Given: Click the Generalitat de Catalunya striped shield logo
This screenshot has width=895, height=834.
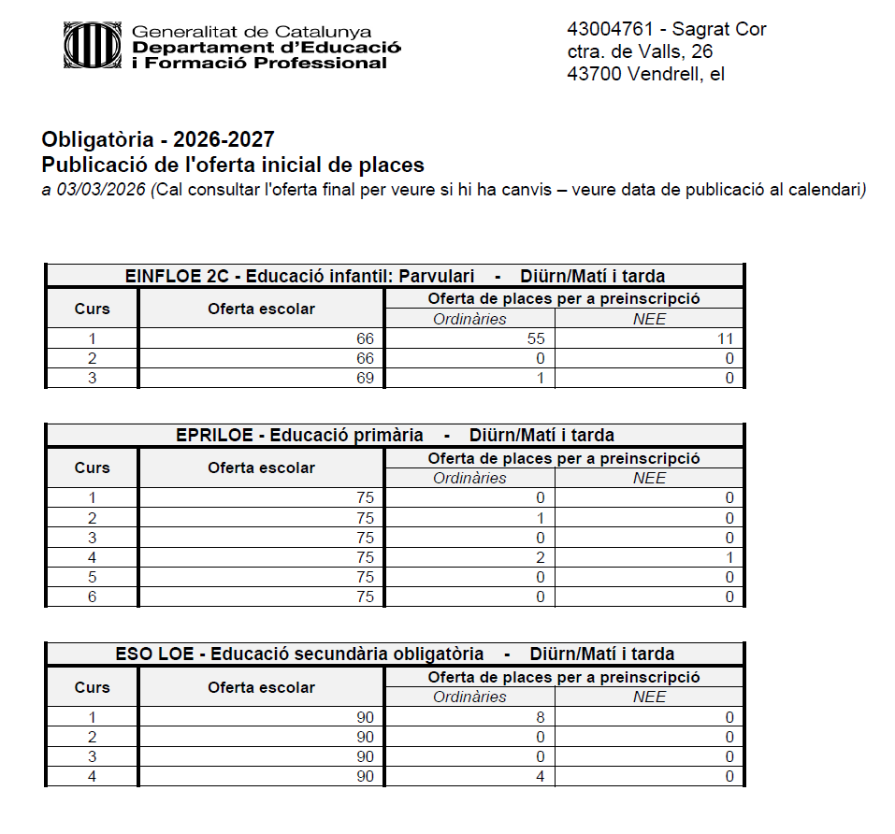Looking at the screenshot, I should (x=92, y=46).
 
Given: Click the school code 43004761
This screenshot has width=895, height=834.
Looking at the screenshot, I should (x=607, y=29).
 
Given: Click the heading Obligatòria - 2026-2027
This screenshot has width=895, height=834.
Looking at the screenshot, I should (x=158, y=140).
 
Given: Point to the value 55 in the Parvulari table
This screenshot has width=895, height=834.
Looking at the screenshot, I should (x=535, y=338).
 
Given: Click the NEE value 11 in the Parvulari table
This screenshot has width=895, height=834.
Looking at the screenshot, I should (x=725, y=338).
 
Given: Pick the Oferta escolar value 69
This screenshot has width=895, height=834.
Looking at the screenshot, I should (x=365, y=378).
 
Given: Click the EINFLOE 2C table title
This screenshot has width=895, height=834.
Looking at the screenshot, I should (x=395, y=276).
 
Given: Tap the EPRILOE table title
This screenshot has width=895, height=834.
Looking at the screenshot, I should (x=395, y=435).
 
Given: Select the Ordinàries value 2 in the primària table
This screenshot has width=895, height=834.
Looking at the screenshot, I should (x=540, y=557).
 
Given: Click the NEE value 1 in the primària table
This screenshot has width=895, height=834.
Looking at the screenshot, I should (x=729, y=557).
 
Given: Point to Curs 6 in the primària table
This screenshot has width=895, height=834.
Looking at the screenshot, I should (x=92, y=597).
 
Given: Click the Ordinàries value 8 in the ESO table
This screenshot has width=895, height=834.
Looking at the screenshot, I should (x=540, y=717).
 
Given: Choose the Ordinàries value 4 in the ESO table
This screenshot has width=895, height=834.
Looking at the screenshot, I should (x=540, y=776).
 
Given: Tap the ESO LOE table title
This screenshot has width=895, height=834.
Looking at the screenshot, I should (x=395, y=654).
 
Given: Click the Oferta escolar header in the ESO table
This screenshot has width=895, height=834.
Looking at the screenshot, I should (x=261, y=687).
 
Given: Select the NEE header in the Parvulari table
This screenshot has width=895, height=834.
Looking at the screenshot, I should (x=649, y=319).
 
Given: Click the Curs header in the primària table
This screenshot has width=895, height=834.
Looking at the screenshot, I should (x=92, y=467).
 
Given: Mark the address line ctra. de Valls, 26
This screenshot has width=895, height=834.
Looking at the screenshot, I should (x=640, y=51).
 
